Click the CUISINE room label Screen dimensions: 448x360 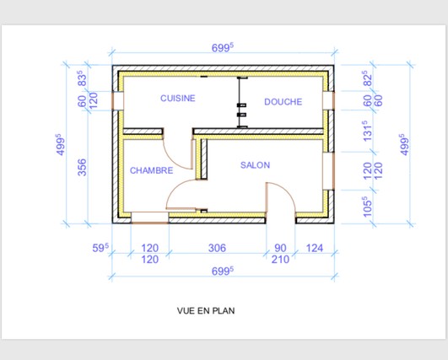click(178, 98)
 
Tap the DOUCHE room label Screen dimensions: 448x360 click(283, 102)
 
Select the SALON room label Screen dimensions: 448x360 click(255, 165)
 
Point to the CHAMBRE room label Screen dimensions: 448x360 click(151, 170)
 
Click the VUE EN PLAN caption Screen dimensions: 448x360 click(206, 310)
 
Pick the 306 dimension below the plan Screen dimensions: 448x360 click(217, 248)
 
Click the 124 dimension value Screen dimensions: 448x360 click(315, 248)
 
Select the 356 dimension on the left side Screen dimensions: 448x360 click(82, 167)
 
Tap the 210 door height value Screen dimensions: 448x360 click(280, 260)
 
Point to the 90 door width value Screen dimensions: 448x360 click(280, 248)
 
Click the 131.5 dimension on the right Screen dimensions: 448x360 click(368, 131)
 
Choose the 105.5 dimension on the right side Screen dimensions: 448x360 click(368, 207)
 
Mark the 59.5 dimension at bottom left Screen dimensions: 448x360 click(100, 248)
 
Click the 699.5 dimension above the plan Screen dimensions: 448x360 click(223, 48)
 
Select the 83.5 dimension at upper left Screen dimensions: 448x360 click(82, 78)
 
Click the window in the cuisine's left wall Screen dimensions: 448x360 click(117, 101)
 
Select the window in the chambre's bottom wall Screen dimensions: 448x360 click(149, 218)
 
